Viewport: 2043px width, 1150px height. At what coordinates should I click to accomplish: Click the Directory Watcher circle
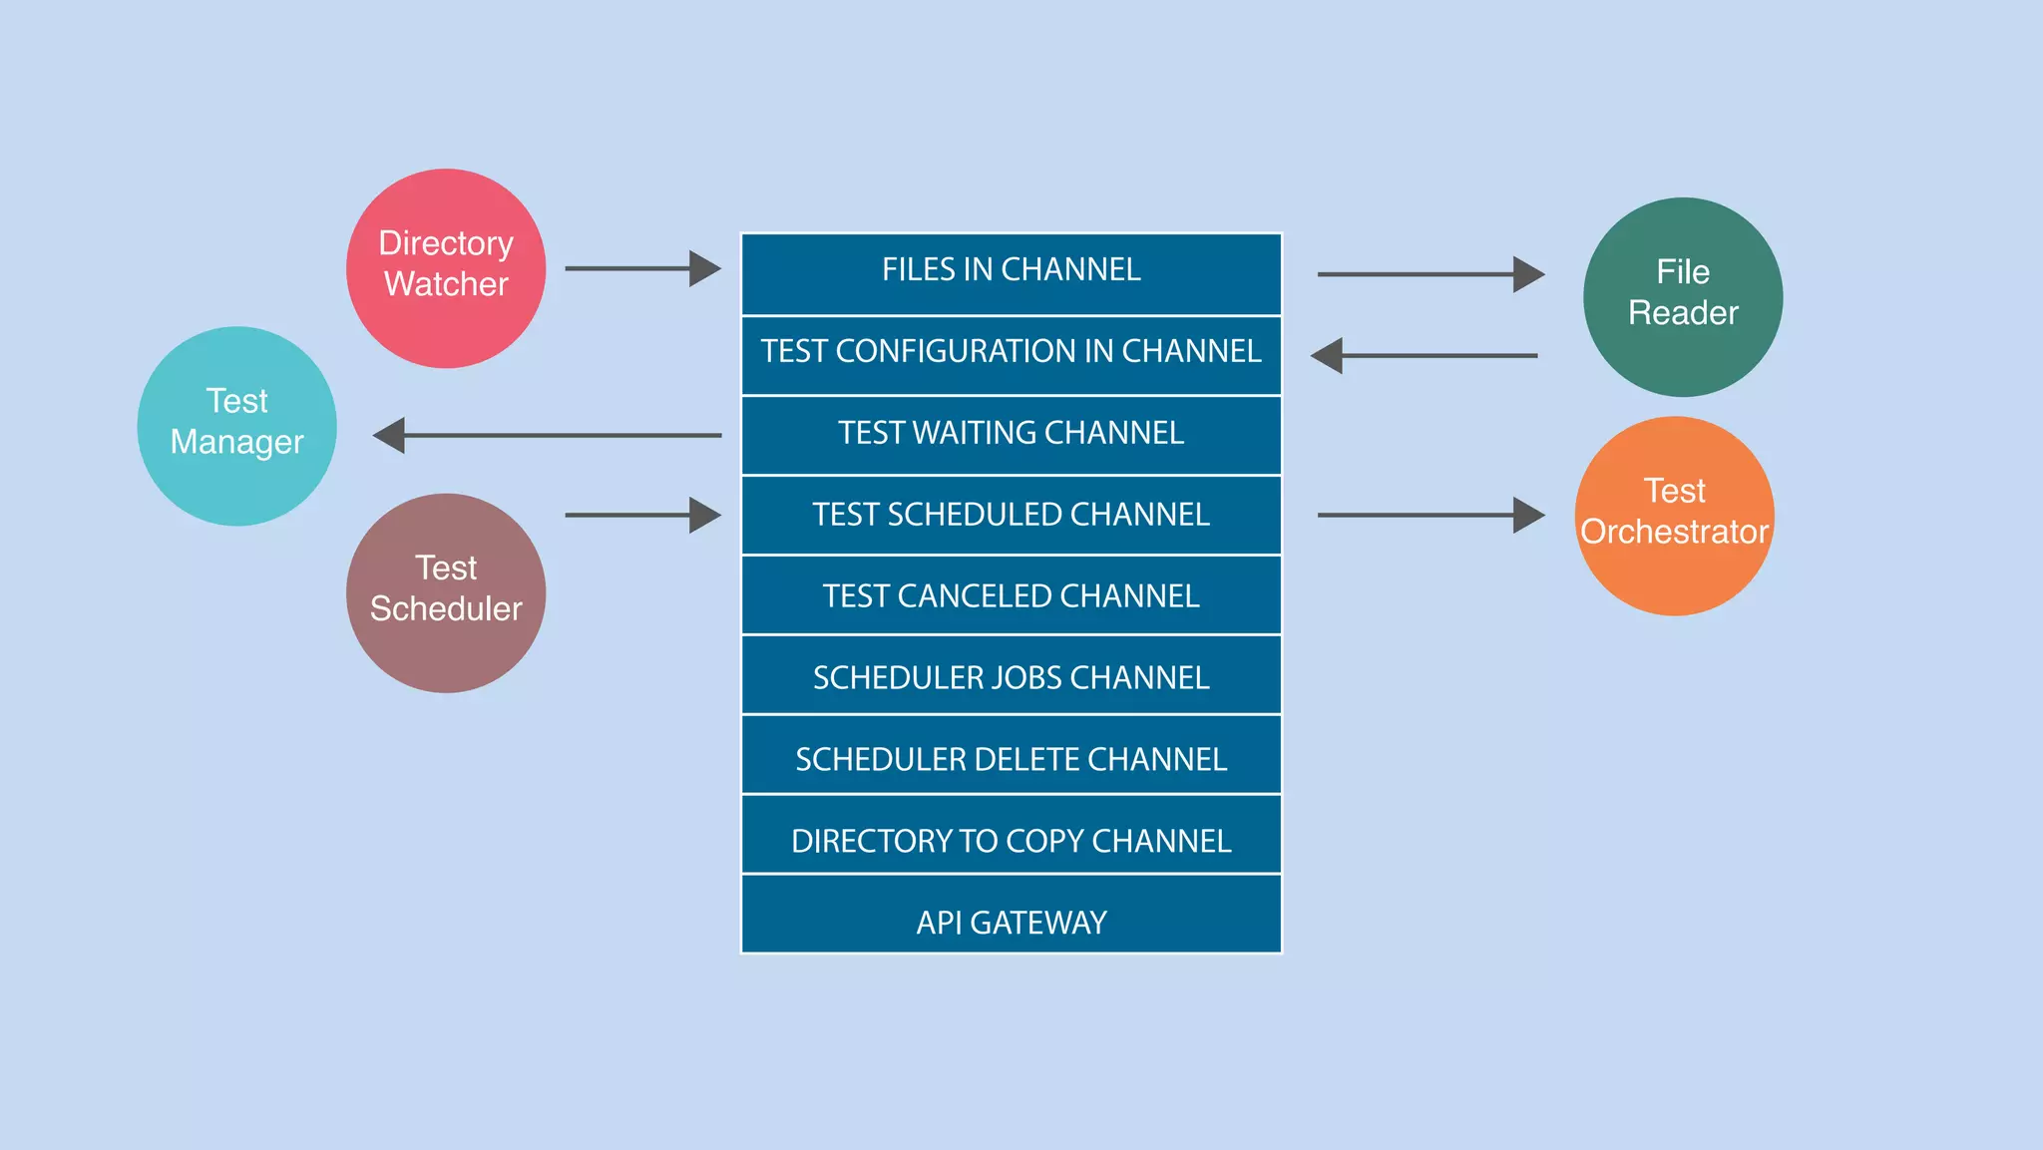[446, 267]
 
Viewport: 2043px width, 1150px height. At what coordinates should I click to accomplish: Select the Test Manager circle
[236, 426]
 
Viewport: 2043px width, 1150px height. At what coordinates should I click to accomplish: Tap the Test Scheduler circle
[446, 592]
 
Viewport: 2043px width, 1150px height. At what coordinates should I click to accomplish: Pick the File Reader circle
[1682, 296]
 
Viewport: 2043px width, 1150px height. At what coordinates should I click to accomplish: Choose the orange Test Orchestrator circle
[1674, 515]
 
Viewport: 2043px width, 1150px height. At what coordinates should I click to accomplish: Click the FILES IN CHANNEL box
[1011, 272]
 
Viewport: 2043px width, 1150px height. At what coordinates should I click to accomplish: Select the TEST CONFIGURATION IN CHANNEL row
[1011, 354]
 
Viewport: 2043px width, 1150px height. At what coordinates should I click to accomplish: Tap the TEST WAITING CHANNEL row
[1011, 435]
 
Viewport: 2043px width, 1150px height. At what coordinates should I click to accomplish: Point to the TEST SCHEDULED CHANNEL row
[1011, 515]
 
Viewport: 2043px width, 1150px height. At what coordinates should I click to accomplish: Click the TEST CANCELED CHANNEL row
[1011, 595]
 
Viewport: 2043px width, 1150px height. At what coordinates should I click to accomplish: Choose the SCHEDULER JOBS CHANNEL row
[1011, 675]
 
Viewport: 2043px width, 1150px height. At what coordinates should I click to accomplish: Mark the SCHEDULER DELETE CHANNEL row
[1011, 756]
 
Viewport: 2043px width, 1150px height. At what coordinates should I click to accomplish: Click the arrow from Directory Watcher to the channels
[642, 268]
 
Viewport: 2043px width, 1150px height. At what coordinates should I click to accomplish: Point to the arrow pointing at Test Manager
[547, 435]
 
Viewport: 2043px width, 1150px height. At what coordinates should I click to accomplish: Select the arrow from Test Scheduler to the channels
[642, 515]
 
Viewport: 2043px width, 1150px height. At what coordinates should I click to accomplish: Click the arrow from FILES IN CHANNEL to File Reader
[1430, 273]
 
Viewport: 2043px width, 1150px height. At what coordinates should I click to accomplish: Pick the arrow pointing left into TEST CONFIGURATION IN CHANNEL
[1425, 355]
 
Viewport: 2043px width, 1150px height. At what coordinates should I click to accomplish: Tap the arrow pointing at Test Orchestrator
[1430, 515]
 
